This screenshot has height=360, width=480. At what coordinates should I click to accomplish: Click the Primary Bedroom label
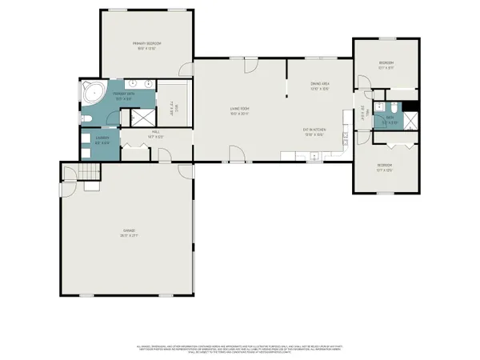pyautogui.click(x=147, y=45)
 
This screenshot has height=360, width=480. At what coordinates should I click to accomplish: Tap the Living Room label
pyautogui.click(x=240, y=112)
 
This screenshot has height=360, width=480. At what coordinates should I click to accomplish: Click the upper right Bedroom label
pyautogui.click(x=386, y=65)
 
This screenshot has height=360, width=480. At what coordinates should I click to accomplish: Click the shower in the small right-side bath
pyautogui.click(x=410, y=121)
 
